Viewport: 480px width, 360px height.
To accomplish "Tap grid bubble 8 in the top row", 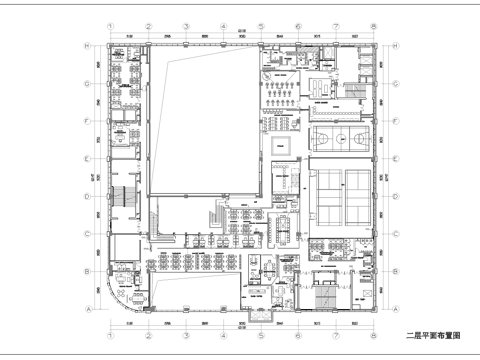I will point(372,28).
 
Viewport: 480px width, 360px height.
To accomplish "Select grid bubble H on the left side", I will point(88,46).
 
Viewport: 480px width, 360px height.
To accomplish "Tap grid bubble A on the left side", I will point(88,309).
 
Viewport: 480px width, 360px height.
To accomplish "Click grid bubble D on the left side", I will point(88,197).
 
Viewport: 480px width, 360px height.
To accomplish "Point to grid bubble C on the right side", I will point(393,234).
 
